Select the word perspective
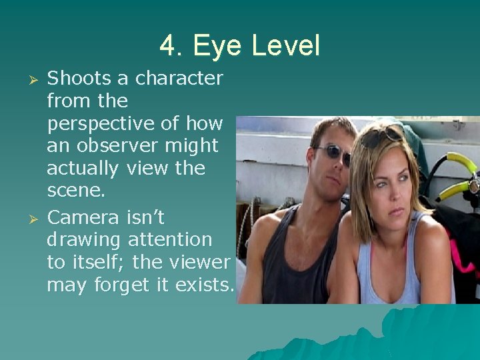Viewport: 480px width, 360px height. click(x=105, y=124)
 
